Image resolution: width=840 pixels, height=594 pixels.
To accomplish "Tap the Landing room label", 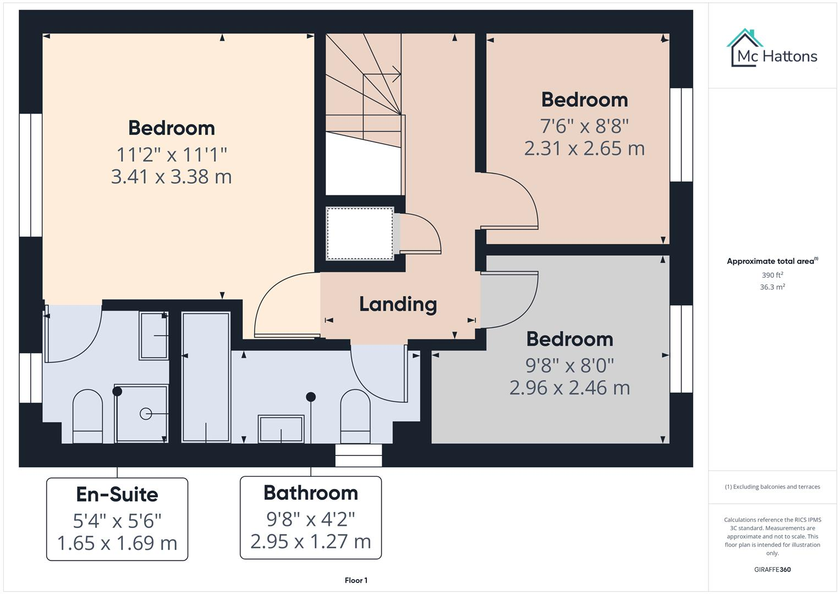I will pyautogui.click(x=398, y=304).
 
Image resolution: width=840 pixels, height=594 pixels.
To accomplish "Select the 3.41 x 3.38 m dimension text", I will pyautogui.click(x=171, y=177).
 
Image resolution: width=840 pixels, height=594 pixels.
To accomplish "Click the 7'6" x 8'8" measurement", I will pyautogui.click(x=584, y=126).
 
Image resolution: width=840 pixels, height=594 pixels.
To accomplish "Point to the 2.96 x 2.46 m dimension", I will pyautogui.click(x=569, y=388).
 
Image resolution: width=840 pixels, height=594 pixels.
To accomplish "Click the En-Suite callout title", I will pyautogui.click(x=117, y=494).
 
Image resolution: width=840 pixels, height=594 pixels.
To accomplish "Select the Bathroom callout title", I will pyautogui.click(x=310, y=493).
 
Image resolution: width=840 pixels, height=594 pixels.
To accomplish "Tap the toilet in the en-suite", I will pyautogui.click(x=87, y=416).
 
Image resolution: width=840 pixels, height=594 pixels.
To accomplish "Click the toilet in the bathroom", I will pyautogui.click(x=355, y=416).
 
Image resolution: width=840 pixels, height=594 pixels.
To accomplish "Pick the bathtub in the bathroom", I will pyautogui.click(x=206, y=377).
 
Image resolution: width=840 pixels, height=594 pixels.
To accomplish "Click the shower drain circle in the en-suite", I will pyautogui.click(x=146, y=414).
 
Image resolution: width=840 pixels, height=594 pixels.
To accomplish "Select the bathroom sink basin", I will pyautogui.click(x=281, y=428).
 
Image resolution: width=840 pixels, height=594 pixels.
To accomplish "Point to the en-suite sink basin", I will pyautogui.click(x=153, y=335).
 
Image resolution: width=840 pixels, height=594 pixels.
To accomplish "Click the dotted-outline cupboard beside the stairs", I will pyautogui.click(x=360, y=233).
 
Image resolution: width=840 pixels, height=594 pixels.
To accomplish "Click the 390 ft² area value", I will pyautogui.click(x=772, y=275).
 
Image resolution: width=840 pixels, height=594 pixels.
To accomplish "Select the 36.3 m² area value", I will pyautogui.click(x=772, y=287).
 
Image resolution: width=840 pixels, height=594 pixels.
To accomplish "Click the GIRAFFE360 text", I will pyautogui.click(x=772, y=569).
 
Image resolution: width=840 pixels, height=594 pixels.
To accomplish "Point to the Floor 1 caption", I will pyautogui.click(x=356, y=580).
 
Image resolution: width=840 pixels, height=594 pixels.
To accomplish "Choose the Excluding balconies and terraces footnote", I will pyautogui.click(x=772, y=487).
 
